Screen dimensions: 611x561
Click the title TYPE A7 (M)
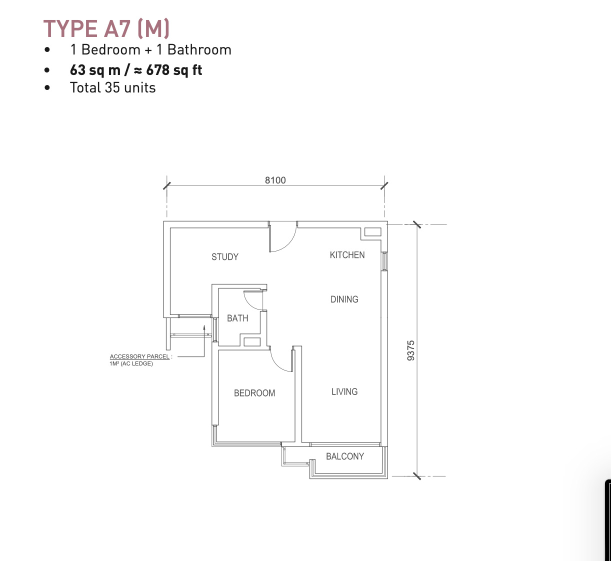pyautogui.click(x=106, y=28)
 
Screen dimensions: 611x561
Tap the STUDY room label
pyautogui.click(x=225, y=257)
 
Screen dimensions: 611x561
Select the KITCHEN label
pyautogui.click(x=347, y=255)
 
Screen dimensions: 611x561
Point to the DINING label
pyautogui.click(x=344, y=299)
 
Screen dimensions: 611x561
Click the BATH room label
pyautogui.click(x=237, y=318)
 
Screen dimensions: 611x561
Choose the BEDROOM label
pyautogui.click(x=254, y=393)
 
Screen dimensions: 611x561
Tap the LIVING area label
pyautogui.click(x=344, y=391)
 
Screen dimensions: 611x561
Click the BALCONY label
pyautogui.click(x=345, y=456)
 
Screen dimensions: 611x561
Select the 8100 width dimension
pyautogui.click(x=275, y=180)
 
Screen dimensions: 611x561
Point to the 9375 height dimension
pyautogui.click(x=411, y=350)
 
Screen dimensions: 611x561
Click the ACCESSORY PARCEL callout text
pyautogui.click(x=140, y=359)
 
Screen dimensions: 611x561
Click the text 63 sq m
pyautogui.click(x=95, y=70)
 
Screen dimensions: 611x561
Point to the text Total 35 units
pyautogui.click(x=112, y=88)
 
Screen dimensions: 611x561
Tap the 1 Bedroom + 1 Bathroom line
pyautogui.click(x=151, y=50)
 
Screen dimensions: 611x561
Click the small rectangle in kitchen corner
pyautogui.click(x=373, y=232)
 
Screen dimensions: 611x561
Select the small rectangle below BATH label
pyautogui.click(x=252, y=341)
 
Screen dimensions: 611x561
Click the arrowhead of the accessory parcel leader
pyautogui.click(x=204, y=327)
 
